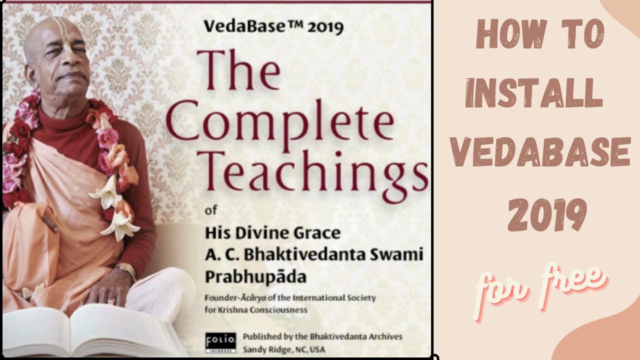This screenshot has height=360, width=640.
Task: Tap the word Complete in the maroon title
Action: click(x=279, y=124)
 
